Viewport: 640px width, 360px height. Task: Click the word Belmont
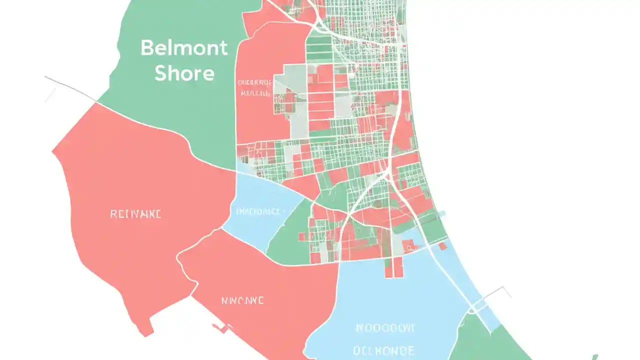[x=184, y=48]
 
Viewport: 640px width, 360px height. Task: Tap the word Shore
[x=184, y=73]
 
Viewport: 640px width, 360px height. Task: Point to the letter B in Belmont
[x=146, y=48]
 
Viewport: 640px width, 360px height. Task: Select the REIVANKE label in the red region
[x=136, y=214]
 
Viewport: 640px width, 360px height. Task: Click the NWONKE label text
[x=242, y=300]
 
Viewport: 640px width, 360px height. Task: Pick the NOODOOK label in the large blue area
[x=385, y=328]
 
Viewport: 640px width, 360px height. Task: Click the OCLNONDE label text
[x=384, y=349]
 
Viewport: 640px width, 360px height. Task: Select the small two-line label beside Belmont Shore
[x=255, y=88]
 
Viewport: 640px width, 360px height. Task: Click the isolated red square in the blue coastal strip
[x=443, y=246]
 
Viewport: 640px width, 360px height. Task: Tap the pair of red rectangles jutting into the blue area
[x=394, y=267]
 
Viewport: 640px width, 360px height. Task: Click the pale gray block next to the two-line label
[x=290, y=85]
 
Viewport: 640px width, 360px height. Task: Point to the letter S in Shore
[x=161, y=73]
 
